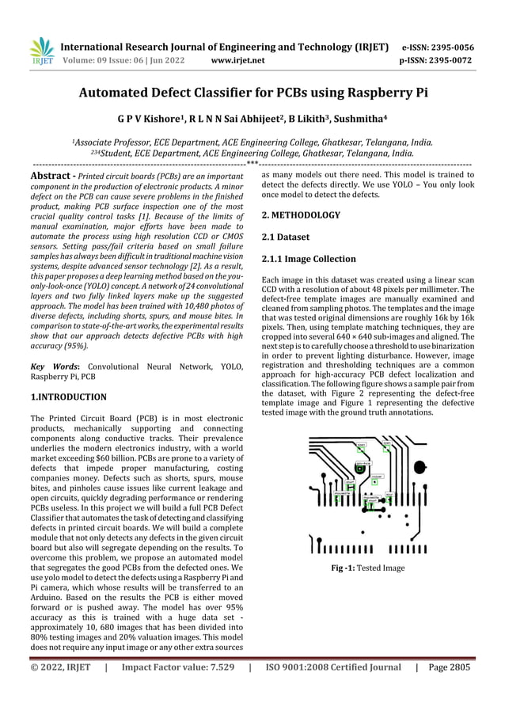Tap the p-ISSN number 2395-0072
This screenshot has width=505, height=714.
coord(454,59)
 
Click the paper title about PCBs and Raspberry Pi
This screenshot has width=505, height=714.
coord(252,93)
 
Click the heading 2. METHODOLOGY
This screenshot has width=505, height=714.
coord(301,215)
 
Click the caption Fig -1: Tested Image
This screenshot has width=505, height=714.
coord(368,568)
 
